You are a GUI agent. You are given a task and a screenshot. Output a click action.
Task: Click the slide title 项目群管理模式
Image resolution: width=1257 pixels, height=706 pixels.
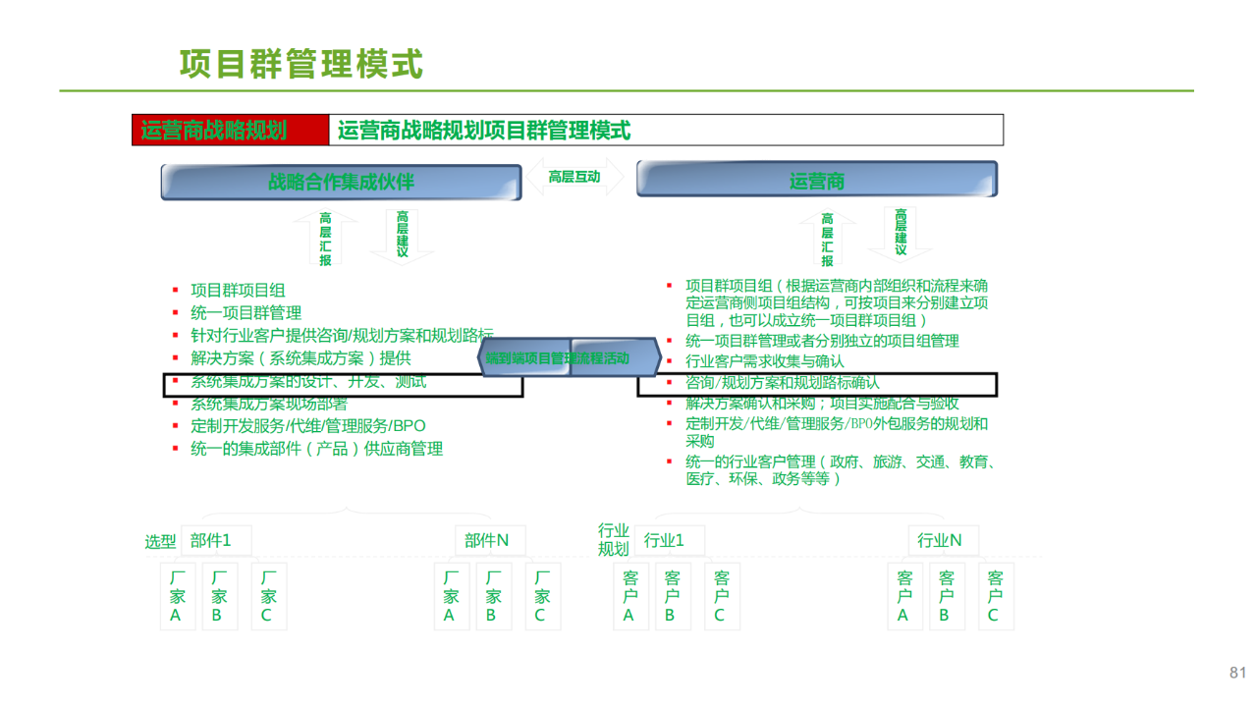pyautogui.click(x=301, y=64)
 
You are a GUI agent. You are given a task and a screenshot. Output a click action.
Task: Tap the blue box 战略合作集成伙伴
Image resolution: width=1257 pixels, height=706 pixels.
pyautogui.click(x=341, y=182)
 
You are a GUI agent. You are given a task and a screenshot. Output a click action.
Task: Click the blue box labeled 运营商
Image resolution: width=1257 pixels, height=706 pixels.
pyautogui.click(x=816, y=181)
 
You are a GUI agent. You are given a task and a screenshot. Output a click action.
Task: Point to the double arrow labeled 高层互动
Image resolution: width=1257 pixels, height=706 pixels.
pyautogui.click(x=574, y=177)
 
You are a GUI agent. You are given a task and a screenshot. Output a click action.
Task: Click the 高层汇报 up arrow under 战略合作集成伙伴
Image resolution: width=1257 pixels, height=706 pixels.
pyautogui.click(x=325, y=239)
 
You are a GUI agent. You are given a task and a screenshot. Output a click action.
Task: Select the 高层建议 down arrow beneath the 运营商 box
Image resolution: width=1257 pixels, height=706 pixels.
pyautogui.click(x=901, y=234)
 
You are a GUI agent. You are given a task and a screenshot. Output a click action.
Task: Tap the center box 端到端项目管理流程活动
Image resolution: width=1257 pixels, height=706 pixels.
pyautogui.click(x=557, y=358)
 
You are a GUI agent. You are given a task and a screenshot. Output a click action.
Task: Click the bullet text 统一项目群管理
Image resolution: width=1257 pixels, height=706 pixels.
pyautogui.click(x=246, y=313)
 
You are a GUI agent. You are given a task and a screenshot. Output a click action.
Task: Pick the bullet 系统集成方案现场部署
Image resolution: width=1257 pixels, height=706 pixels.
pyautogui.click(x=268, y=404)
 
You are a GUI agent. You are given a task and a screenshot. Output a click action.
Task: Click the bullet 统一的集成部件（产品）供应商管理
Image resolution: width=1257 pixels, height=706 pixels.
pyautogui.click(x=316, y=449)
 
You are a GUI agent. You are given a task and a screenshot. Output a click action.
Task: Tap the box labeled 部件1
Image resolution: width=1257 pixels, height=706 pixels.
pyautogui.click(x=210, y=540)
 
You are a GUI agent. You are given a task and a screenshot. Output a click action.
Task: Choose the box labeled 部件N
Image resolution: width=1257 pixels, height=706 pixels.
pyautogui.click(x=487, y=540)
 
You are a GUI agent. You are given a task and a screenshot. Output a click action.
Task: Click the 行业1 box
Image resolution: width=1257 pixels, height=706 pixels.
pyautogui.click(x=664, y=540)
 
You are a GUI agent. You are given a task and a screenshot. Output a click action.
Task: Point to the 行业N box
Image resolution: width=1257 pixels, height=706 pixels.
pyautogui.click(x=940, y=540)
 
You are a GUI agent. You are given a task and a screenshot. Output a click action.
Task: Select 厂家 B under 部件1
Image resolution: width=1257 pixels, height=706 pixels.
pyautogui.click(x=218, y=596)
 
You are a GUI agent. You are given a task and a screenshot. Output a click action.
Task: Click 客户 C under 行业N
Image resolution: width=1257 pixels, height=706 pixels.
pyautogui.click(x=994, y=596)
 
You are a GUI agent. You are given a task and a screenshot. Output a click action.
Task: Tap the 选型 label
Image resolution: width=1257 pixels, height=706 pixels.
pyautogui.click(x=160, y=542)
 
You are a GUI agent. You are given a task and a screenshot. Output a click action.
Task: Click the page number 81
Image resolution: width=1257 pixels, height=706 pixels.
pyautogui.click(x=1237, y=673)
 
